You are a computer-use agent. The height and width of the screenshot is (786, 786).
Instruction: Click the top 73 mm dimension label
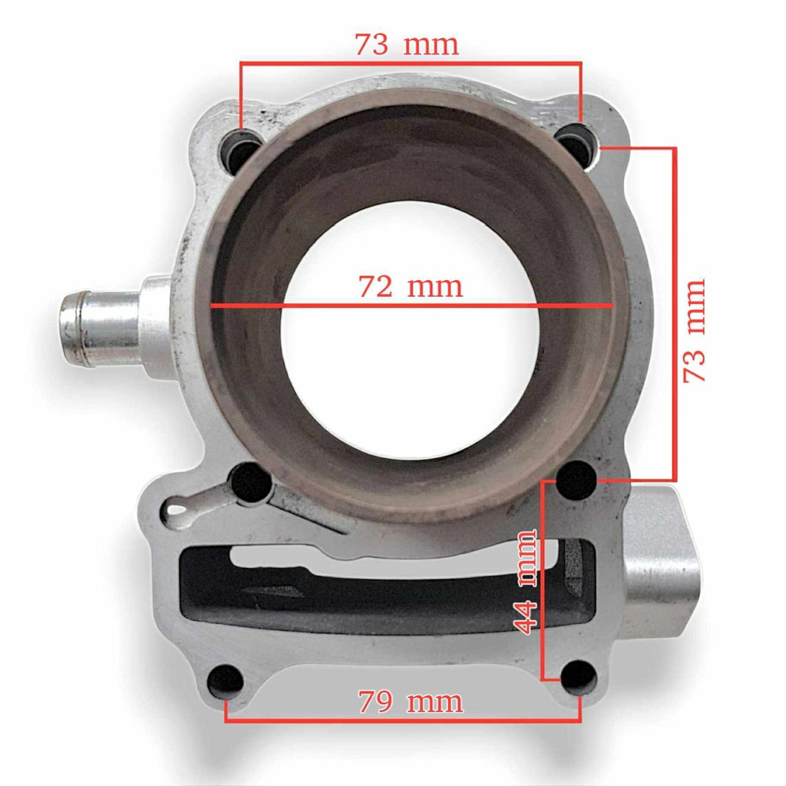pos(407,45)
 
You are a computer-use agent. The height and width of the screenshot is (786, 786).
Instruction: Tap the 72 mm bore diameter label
pos(411,287)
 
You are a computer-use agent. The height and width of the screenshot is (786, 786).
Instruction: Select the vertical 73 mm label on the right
pos(695,330)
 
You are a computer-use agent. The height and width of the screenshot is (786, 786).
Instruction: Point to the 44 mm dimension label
pos(526,581)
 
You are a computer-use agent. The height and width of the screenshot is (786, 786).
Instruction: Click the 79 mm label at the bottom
pos(411,702)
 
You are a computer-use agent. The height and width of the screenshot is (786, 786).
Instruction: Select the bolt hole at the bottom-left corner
pos(226,681)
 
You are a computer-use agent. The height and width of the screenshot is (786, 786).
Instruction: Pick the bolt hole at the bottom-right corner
pos(579,678)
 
